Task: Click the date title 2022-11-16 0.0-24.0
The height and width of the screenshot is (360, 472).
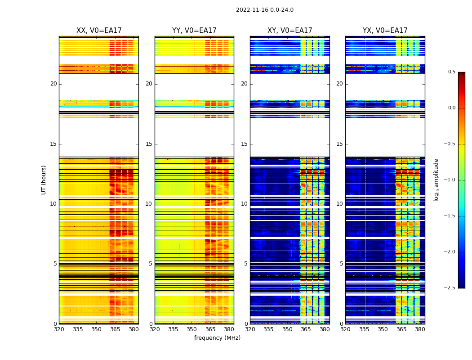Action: tap(264, 10)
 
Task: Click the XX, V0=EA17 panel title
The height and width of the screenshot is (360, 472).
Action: tap(99, 31)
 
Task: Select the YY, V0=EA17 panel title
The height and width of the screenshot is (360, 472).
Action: tap(194, 31)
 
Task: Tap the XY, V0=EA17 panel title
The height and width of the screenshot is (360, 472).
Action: tap(289, 31)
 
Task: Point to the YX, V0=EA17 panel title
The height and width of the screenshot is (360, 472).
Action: tap(385, 31)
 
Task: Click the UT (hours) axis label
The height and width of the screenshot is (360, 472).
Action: tap(44, 180)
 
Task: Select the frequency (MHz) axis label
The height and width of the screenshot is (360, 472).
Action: tap(217, 338)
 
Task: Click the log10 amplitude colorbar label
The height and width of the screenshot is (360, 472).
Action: tap(436, 180)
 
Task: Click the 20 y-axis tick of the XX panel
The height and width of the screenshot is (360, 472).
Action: tap(53, 84)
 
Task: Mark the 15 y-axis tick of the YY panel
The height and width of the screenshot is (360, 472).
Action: tap(149, 144)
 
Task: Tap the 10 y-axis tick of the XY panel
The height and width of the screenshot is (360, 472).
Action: tap(244, 204)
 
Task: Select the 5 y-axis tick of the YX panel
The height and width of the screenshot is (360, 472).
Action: tap(341, 264)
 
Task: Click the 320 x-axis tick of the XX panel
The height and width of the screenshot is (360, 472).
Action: tap(59, 329)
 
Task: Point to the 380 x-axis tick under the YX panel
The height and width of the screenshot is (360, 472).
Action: tap(420, 329)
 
